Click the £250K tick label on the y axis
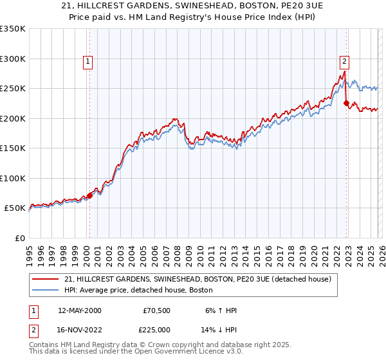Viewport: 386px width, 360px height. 13,89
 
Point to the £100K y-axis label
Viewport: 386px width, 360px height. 13,178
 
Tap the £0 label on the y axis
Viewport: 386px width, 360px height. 19,238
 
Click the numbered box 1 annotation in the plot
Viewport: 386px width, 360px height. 88,62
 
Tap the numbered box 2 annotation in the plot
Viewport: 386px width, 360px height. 345,62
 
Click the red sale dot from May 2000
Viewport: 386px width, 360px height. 90,196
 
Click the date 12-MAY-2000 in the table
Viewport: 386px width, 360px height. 79,310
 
